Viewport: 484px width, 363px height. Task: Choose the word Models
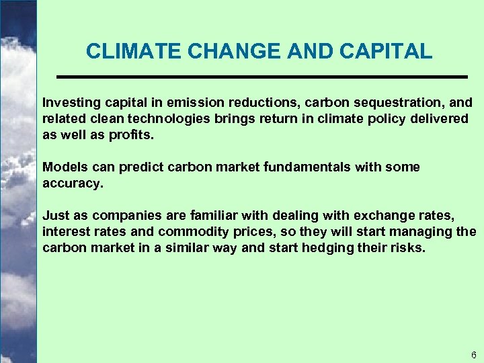click(62, 167)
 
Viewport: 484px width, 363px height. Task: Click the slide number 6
click(474, 354)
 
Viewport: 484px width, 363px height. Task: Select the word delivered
click(438, 118)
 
